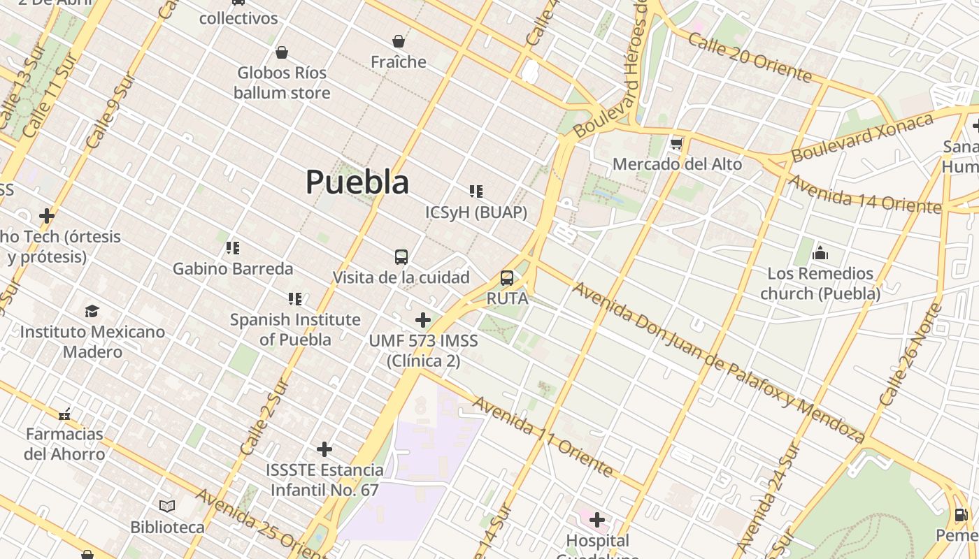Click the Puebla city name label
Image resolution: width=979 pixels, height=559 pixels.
click(357, 182)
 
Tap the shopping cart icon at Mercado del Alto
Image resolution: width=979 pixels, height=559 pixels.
click(676, 144)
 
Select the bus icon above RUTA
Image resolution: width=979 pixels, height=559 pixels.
click(507, 278)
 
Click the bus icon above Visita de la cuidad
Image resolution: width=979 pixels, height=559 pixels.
click(401, 257)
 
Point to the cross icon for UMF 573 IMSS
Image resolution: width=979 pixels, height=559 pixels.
click(422, 320)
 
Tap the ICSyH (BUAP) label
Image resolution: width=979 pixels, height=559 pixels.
click(476, 212)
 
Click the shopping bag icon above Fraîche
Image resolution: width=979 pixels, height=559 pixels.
click(399, 42)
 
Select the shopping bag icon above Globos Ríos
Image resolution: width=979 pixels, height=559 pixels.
click(282, 52)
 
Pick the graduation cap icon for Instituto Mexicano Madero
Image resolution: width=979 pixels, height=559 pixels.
click(92, 311)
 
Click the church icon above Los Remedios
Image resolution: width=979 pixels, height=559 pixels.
click(820, 253)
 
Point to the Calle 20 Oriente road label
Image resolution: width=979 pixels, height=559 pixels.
click(750, 57)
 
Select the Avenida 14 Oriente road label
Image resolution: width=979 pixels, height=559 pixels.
click(864, 194)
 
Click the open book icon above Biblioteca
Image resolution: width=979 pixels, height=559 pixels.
click(167, 506)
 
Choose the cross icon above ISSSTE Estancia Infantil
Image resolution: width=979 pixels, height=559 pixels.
click(324, 449)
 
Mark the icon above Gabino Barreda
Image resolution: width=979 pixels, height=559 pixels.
click(233, 248)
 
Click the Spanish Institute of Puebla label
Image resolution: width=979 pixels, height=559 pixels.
click(295, 329)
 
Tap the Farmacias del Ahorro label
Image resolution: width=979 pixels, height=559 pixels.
click(64, 444)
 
